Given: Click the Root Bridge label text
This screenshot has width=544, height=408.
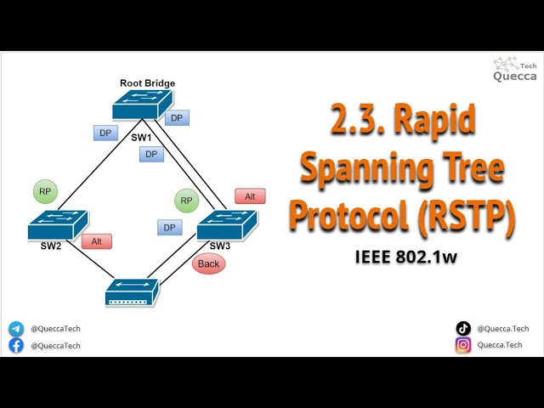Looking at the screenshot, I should [x=147, y=83].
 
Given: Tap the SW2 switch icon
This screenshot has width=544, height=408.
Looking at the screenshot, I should [x=56, y=224].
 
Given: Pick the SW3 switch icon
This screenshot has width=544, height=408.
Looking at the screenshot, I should [x=226, y=227].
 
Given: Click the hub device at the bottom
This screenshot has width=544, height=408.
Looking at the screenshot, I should [x=131, y=293].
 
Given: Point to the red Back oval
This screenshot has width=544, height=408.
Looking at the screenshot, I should [x=208, y=263].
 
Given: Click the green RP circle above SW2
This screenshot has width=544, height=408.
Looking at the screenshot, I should [x=45, y=191].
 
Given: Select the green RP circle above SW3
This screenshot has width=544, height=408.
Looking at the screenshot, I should [x=187, y=201].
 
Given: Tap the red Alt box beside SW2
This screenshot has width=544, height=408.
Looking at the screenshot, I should [x=97, y=241].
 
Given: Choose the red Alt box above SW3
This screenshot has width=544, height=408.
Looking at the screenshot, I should [x=250, y=196].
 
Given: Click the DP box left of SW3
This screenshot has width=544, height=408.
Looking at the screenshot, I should [x=169, y=228].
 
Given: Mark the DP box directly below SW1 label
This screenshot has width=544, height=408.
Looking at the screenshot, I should [x=151, y=155].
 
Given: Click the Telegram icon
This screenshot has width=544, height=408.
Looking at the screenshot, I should [x=16, y=328].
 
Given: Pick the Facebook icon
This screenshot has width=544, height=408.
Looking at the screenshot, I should [x=16, y=345].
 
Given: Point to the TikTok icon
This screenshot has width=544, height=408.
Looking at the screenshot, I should [x=463, y=328].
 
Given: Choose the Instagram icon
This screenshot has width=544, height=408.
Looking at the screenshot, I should [x=463, y=345].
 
